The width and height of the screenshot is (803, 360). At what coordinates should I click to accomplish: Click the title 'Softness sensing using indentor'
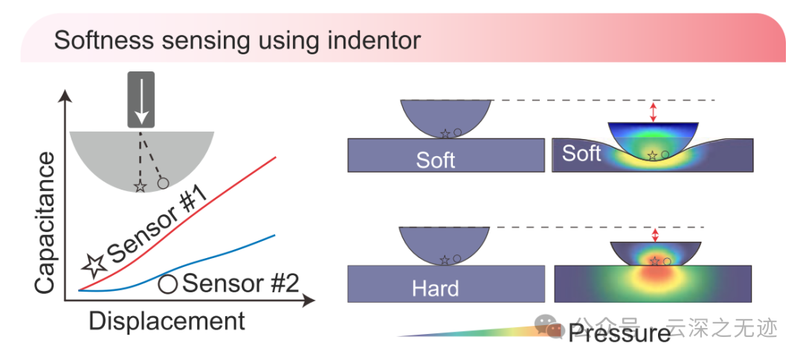(x=236, y=39)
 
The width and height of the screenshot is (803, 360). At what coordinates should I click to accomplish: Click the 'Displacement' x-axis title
(x=167, y=321)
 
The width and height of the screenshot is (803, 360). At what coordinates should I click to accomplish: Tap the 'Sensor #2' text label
(x=239, y=283)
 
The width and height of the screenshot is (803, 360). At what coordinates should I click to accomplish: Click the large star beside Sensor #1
(x=94, y=263)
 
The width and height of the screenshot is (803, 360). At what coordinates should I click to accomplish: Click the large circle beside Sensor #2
(x=168, y=284)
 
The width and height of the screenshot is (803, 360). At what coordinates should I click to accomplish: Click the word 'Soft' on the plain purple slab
(x=436, y=159)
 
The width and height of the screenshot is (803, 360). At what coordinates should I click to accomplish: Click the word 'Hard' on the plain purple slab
(x=436, y=287)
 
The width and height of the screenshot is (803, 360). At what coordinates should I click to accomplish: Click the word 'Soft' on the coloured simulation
(x=581, y=153)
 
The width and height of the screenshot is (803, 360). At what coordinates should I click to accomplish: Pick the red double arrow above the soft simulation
(x=654, y=112)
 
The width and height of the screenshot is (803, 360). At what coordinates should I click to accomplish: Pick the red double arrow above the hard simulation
(x=655, y=235)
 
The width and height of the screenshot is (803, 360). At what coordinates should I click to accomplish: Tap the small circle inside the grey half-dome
(x=163, y=182)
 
